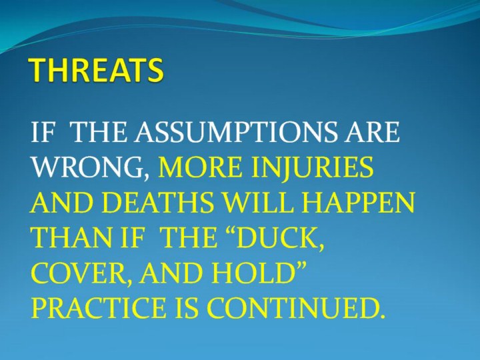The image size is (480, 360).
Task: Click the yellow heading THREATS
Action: pos(96,70)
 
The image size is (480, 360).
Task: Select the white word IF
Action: pos(43,132)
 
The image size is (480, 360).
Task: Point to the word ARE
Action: pos(373,132)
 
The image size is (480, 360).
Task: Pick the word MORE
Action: pos(199,167)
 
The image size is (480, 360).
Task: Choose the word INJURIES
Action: pos(312,167)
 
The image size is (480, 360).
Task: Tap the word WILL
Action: pos(258,203)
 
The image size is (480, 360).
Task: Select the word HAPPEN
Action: pos(358,203)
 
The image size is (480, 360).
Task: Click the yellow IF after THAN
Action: pos(130,237)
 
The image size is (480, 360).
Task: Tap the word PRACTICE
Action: pos(98,308)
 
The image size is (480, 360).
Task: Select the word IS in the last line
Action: pos(186,308)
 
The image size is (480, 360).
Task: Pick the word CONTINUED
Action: pos(290,308)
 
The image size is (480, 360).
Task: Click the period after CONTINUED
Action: pos(380,315)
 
